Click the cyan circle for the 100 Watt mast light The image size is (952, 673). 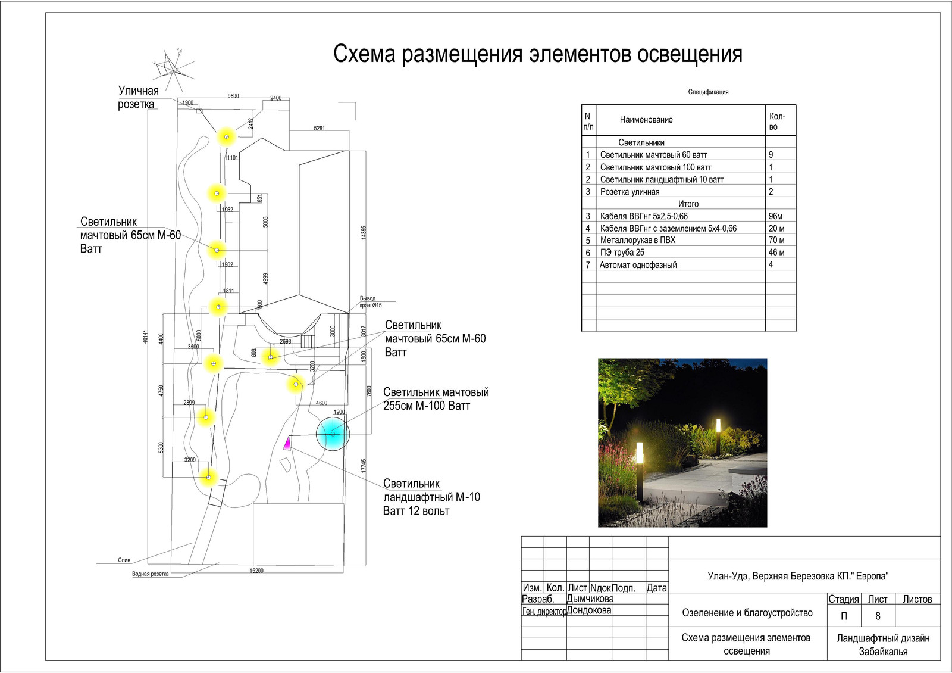click(333, 434)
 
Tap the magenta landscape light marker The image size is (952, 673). click(287, 443)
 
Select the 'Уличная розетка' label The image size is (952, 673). click(138, 98)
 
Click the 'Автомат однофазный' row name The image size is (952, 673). click(638, 265)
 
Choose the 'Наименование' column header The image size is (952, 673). click(646, 120)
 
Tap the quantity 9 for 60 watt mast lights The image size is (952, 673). click(771, 155)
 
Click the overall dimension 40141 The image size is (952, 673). click(146, 336)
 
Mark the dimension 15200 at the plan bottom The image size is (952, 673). click(256, 571)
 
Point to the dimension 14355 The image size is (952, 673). click(364, 233)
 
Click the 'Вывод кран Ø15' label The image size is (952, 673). click(370, 301)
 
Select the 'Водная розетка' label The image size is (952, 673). click(150, 574)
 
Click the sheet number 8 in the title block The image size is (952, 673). click(878, 616)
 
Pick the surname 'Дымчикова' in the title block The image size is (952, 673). click(590, 599)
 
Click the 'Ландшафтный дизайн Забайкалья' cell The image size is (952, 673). click(883, 644)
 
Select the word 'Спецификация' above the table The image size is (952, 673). click(708, 92)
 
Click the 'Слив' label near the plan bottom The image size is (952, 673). click(124, 560)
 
